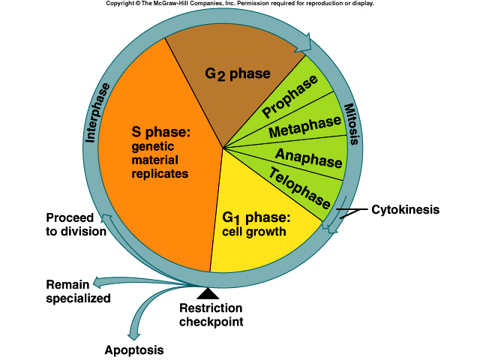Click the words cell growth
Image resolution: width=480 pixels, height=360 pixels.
254,232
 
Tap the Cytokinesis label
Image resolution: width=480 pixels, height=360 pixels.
405,209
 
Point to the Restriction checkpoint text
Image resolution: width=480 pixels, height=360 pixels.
211,315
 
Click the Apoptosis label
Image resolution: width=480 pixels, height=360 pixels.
133,349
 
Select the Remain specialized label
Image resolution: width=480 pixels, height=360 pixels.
78,291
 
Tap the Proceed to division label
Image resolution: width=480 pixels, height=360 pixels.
76,224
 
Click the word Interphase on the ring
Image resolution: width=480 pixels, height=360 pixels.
98,112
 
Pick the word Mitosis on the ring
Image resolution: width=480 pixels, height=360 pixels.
352,124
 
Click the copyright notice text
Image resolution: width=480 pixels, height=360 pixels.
239,4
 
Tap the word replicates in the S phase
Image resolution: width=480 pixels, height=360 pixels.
159,173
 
